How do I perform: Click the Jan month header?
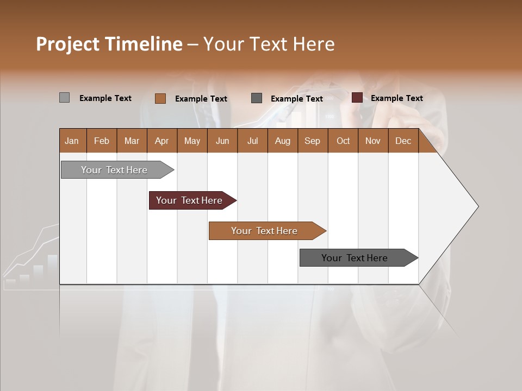(x=72, y=141)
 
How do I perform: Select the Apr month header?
(x=161, y=141)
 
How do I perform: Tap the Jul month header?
(x=252, y=141)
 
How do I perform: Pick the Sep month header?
(x=312, y=141)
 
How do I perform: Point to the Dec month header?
(x=403, y=141)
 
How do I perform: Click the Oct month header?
(x=343, y=141)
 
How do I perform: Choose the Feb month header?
(x=102, y=141)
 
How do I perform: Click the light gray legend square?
(x=64, y=98)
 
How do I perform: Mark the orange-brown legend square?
(x=160, y=98)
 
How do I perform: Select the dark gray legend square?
(x=257, y=98)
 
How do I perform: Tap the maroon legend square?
(x=357, y=98)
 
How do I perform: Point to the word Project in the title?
(x=66, y=44)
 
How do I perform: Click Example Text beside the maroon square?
(x=396, y=98)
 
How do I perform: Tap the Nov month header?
(x=372, y=141)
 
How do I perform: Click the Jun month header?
(x=222, y=141)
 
